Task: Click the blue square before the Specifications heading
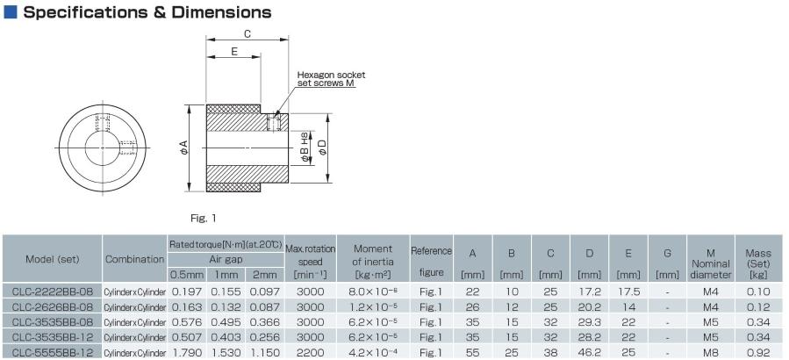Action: pos(11,13)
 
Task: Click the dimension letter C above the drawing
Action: pos(247,34)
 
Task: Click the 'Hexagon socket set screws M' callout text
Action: pos(331,79)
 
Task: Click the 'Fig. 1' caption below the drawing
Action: pos(203,217)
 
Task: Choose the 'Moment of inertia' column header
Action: pos(372,255)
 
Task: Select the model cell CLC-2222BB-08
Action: pos(52,290)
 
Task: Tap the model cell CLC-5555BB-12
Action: pos(52,351)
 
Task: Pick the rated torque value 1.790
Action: pos(186,351)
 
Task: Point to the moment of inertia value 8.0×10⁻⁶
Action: pos(372,290)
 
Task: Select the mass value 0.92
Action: pos(757,351)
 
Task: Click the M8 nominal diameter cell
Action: pos(711,351)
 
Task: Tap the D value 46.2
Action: pos(589,351)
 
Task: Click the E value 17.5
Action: pos(628,290)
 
